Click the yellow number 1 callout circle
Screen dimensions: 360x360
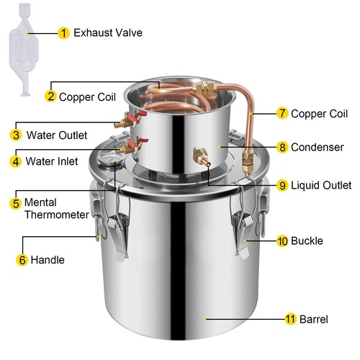pyautogui.click(x=63, y=33)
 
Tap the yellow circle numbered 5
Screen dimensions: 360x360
pyautogui.click(x=16, y=204)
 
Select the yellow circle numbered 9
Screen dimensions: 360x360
pyautogui.click(x=282, y=185)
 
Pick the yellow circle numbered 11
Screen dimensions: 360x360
pyautogui.click(x=291, y=319)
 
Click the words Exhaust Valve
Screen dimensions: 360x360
pyautogui.click(x=108, y=33)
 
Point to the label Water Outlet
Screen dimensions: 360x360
pyautogui.click(x=57, y=135)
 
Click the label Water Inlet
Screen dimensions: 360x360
pyautogui.click(x=52, y=161)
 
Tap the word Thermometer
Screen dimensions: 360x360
pyautogui.click(x=57, y=215)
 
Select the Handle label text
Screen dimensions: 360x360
pyautogui.click(x=48, y=260)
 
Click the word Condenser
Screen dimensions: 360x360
pyautogui.click(x=318, y=148)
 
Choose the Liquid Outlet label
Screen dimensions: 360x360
pyautogui.click(x=321, y=185)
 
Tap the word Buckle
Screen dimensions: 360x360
pyautogui.click(x=307, y=240)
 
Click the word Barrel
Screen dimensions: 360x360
pyautogui.click(x=314, y=319)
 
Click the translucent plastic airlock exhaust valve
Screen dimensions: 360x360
pyautogui.click(x=23, y=48)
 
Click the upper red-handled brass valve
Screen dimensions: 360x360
pyautogui.click(x=130, y=119)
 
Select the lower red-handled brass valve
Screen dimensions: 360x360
pyautogui.click(x=131, y=145)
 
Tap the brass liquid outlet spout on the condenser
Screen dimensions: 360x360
pyautogui.click(x=202, y=156)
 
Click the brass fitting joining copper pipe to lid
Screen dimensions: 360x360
pyautogui.click(x=248, y=161)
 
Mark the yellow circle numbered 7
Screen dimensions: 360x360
pyautogui.click(x=282, y=113)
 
